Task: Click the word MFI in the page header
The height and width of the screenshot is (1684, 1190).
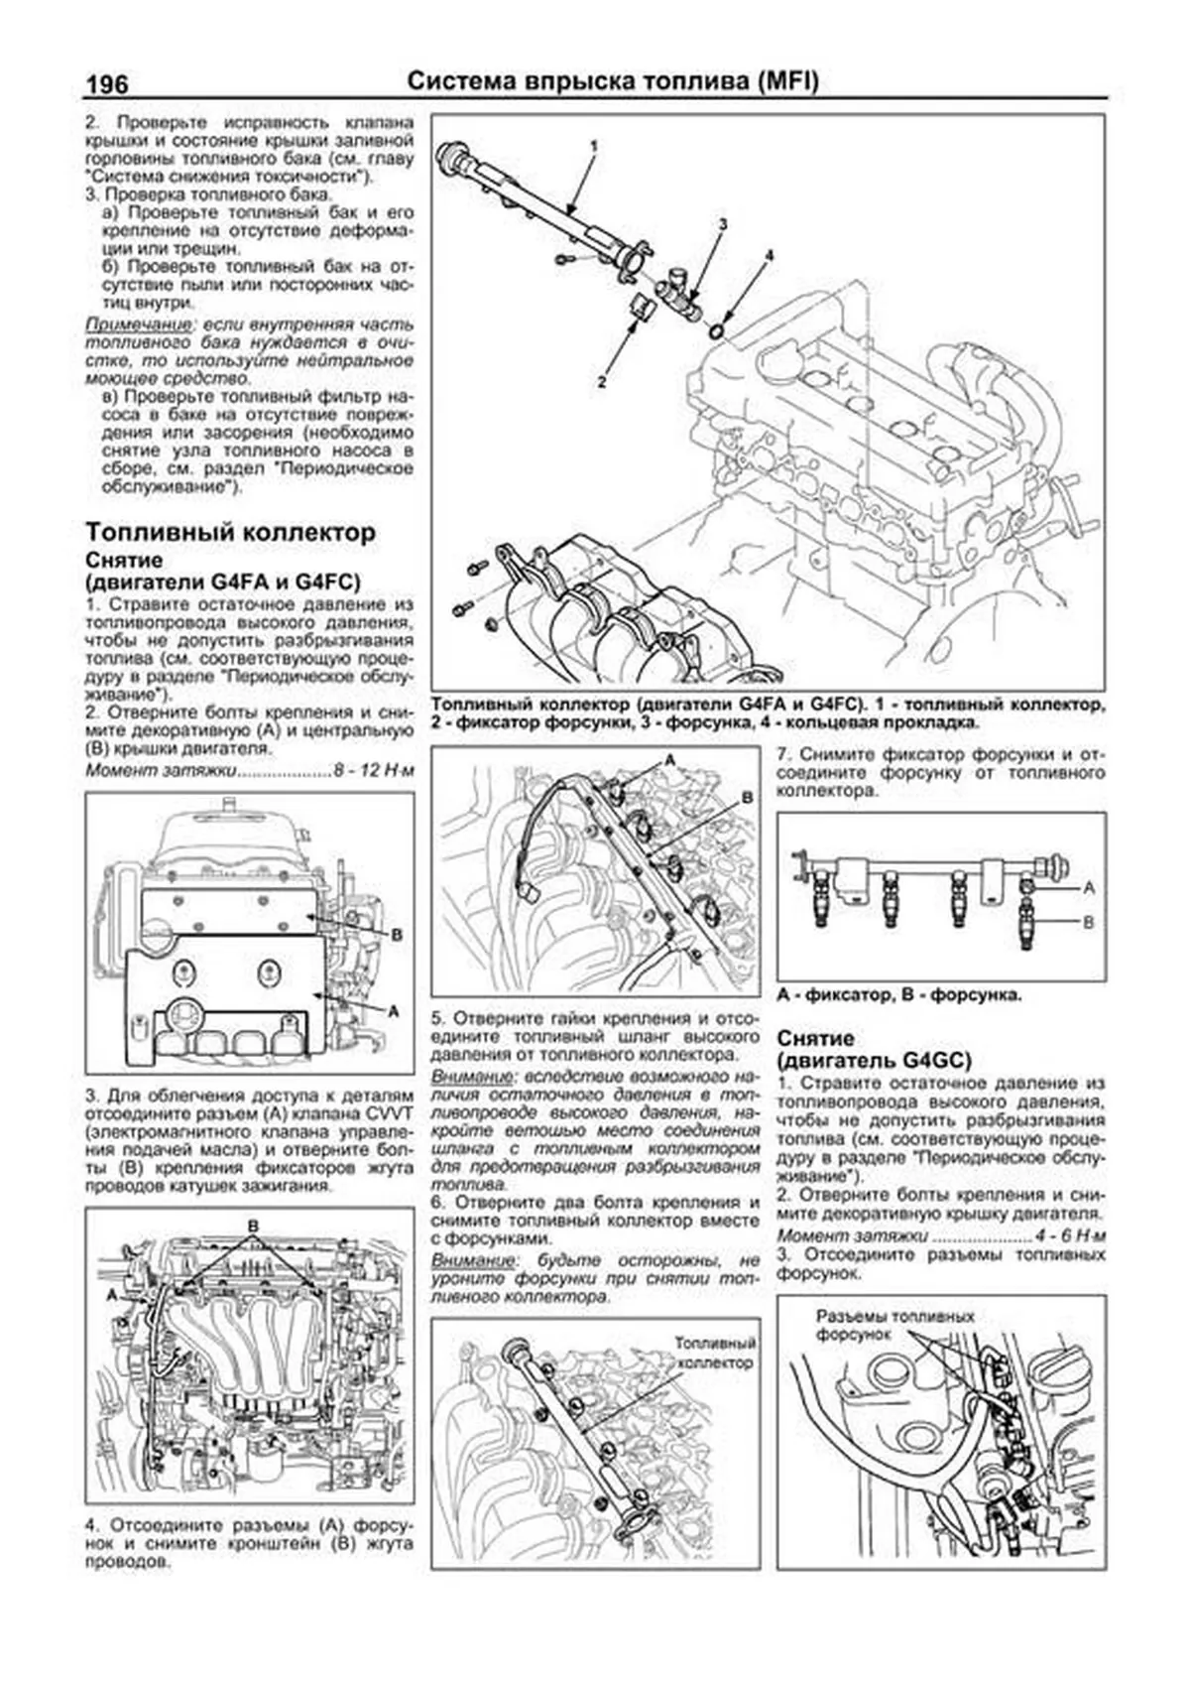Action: point(789,81)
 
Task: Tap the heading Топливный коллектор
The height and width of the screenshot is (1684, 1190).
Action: point(230,532)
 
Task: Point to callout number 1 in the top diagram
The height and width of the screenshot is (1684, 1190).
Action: point(594,146)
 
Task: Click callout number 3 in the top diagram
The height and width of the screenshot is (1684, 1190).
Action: point(723,225)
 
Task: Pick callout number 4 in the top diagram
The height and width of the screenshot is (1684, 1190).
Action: point(769,256)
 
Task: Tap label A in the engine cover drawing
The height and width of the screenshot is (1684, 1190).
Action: point(394,1011)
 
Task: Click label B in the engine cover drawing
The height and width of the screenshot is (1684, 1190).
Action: point(396,934)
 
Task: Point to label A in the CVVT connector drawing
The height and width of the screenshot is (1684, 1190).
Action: point(112,1295)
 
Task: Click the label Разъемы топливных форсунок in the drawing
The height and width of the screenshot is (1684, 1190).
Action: point(895,1325)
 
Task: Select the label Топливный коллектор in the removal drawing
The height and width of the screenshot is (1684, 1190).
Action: point(715,1353)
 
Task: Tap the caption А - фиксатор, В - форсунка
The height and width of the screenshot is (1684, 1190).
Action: point(899,993)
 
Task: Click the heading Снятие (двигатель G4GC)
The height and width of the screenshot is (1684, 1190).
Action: point(873,1049)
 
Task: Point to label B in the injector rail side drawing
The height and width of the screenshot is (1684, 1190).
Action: point(1088,922)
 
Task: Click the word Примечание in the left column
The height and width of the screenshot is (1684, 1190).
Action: point(136,324)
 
